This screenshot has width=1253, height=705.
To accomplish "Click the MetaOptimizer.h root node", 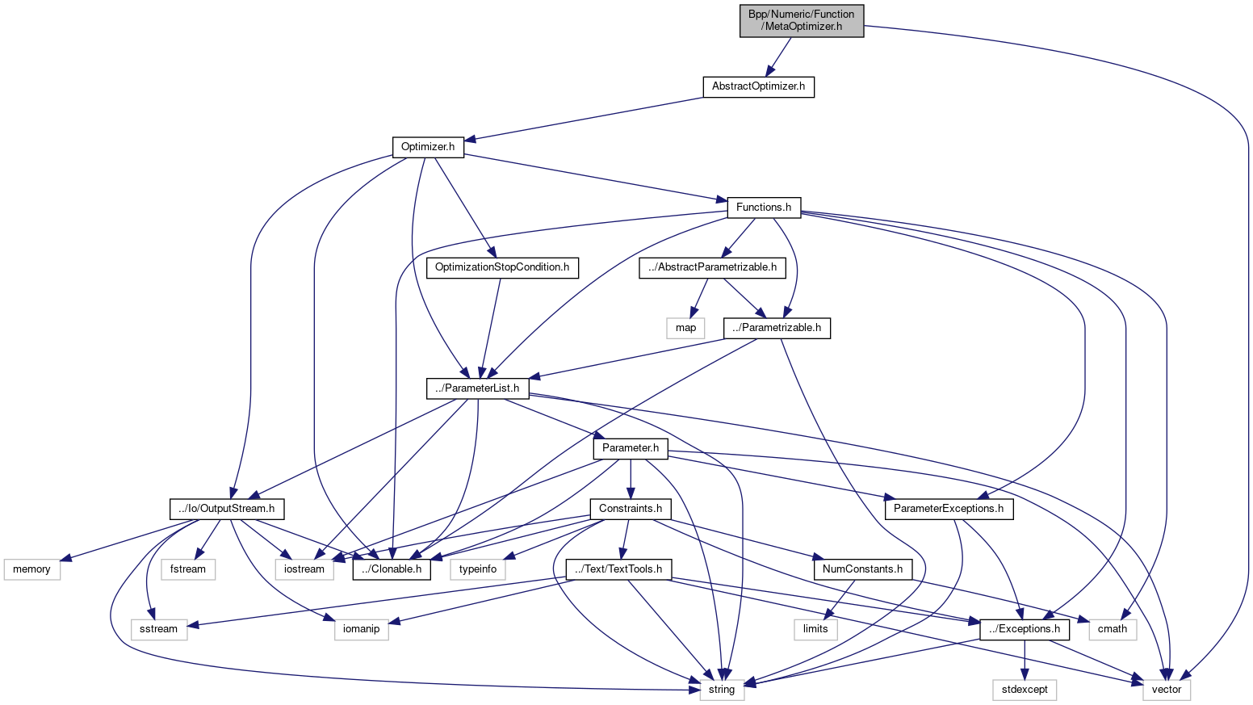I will click(x=801, y=20).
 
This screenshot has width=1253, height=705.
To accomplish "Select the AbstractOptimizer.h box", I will click(x=758, y=86).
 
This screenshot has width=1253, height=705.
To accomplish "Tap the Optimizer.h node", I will click(x=428, y=147).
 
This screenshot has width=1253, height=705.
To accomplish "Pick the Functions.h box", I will click(x=763, y=208).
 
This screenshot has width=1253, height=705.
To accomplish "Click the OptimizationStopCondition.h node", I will click(x=502, y=267).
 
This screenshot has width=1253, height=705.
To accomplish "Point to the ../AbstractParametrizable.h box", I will click(x=712, y=267).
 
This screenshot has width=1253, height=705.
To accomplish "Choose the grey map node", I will click(x=685, y=328).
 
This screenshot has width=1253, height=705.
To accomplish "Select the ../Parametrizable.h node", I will click(x=777, y=328).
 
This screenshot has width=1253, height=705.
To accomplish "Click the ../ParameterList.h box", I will click(x=478, y=388).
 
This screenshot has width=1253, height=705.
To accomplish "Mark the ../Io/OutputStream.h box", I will click(x=227, y=509).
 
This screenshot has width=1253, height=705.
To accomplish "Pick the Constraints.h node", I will click(x=631, y=509).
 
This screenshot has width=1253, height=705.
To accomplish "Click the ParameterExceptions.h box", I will click(x=949, y=509).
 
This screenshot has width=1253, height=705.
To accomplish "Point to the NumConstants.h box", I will click(x=862, y=569).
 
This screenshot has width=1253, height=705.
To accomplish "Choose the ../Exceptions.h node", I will click(x=1025, y=629).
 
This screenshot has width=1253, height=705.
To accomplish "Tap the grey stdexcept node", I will click(x=1025, y=690).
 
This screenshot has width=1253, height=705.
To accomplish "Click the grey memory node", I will click(x=31, y=569).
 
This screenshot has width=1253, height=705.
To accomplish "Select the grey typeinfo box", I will click(x=478, y=569).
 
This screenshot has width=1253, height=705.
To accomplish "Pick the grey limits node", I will click(x=815, y=629).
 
